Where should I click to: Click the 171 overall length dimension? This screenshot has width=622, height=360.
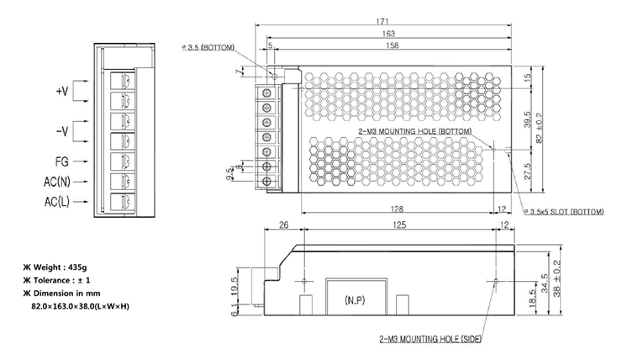(382, 21)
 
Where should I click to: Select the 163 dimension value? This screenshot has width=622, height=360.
(388, 34)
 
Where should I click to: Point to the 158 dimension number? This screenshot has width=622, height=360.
(392, 45)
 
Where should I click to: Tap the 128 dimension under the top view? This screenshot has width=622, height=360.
(397, 209)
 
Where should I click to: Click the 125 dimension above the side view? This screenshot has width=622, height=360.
(399, 225)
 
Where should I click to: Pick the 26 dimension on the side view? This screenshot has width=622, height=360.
(283, 225)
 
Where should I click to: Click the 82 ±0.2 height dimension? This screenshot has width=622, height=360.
(539, 128)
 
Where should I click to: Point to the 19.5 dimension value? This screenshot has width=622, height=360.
(235, 285)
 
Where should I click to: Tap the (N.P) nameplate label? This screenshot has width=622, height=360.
(355, 300)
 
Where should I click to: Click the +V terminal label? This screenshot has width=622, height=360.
(62, 92)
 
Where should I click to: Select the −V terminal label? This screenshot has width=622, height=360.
(62, 131)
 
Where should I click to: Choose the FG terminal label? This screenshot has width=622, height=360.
(62, 161)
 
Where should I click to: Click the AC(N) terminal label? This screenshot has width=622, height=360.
(57, 182)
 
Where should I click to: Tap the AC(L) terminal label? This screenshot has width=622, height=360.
(57, 202)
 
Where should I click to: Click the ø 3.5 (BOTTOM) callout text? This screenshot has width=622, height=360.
(208, 47)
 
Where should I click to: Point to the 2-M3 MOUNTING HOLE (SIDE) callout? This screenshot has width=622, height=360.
(430, 339)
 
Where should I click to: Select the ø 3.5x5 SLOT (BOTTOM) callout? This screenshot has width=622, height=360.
(564, 212)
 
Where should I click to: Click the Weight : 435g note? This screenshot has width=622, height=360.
(55, 267)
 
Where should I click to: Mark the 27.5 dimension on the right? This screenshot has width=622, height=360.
(528, 171)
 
